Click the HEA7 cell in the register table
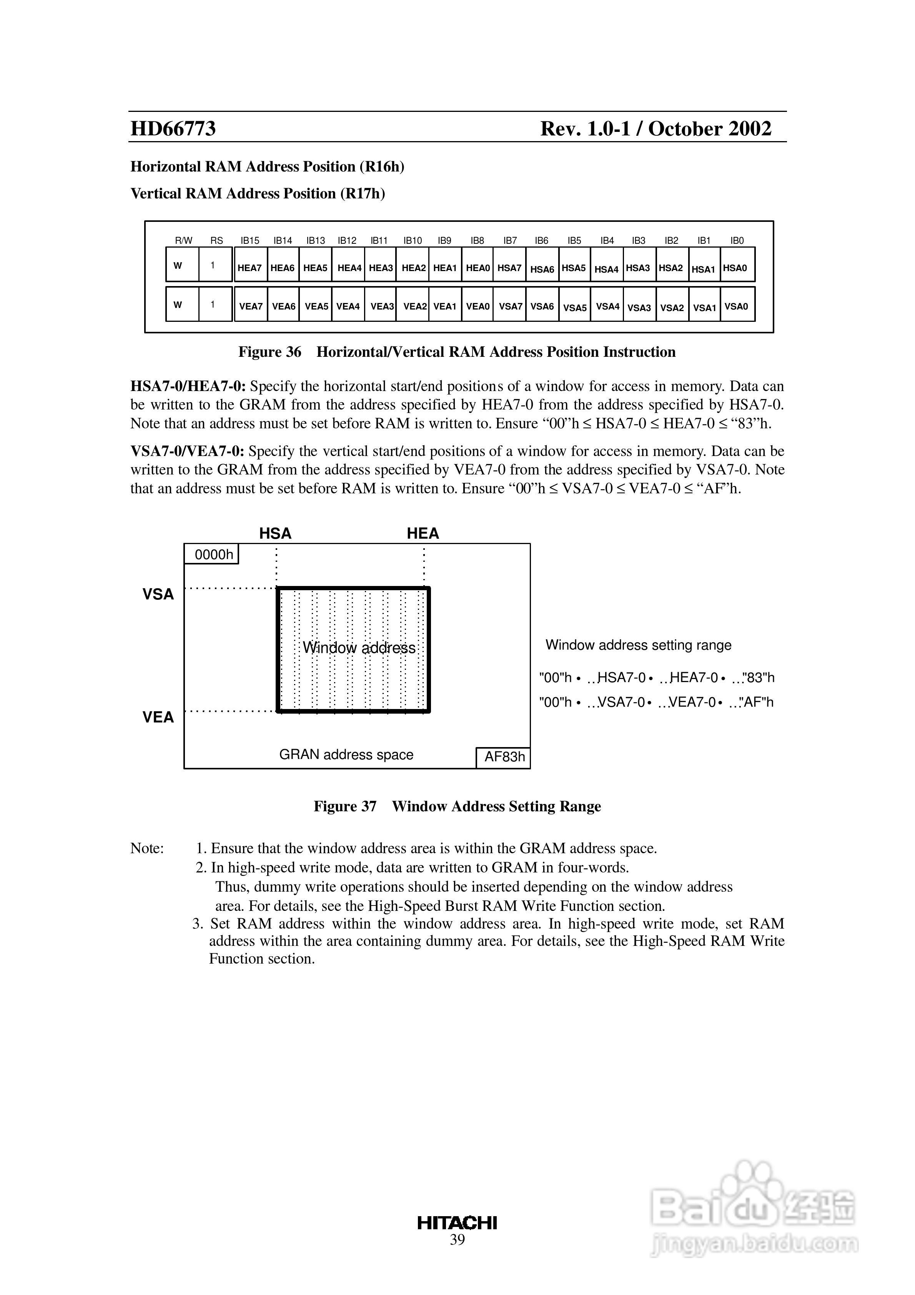(x=250, y=267)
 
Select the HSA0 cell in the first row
(x=735, y=267)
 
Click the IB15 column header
(x=250, y=240)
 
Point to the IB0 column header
(x=737, y=240)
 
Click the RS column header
(x=216, y=240)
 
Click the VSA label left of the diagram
(x=158, y=594)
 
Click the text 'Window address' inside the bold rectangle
(x=359, y=647)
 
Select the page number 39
(x=457, y=1240)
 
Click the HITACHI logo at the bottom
(x=457, y=1223)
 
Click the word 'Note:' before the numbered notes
(x=147, y=848)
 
